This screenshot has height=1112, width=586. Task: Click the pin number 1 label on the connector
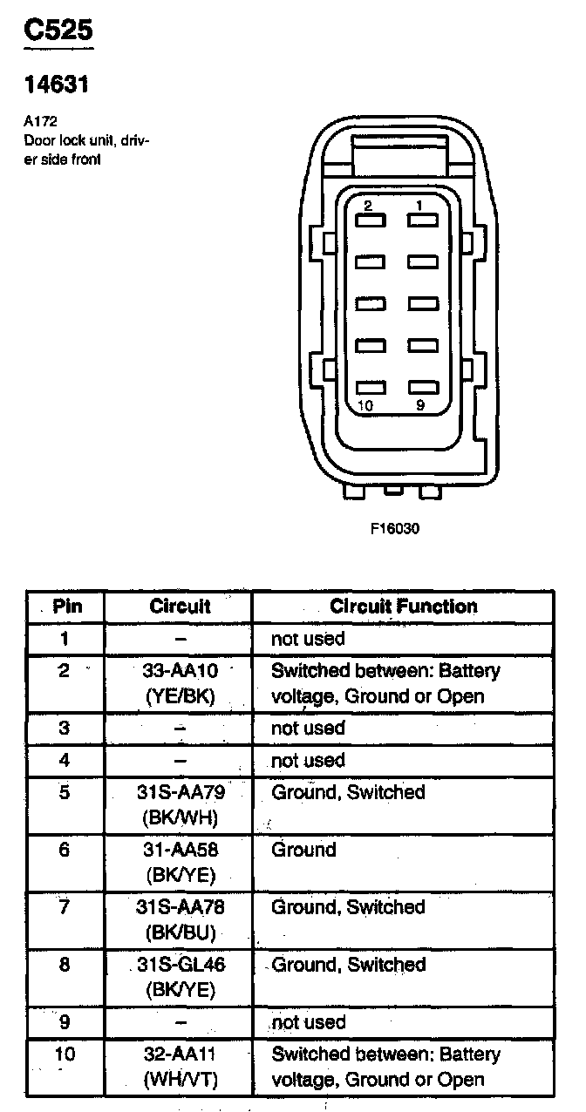pos(419,206)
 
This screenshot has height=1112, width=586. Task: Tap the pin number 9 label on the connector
pos(419,405)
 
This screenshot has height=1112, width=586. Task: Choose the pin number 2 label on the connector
pos(368,206)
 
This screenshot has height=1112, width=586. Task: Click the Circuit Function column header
pos(403,607)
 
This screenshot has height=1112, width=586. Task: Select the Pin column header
pos(67,607)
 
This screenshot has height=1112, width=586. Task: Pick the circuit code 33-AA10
pos(180,671)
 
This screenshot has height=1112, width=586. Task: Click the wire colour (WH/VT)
pos(180,1080)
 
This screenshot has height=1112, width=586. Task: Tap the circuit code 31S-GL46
pos(180,965)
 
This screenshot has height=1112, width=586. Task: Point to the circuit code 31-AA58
pos(180,850)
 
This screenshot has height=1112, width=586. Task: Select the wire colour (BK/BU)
pos(180,932)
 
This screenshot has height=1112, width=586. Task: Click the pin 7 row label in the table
pos(65,907)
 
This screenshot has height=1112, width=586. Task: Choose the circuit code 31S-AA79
pos(180,792)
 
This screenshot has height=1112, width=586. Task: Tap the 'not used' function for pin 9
pos(309,1022)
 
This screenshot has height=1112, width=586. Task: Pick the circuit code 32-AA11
pos(180,1054)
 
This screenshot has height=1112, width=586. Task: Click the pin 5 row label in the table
pos(65,792)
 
